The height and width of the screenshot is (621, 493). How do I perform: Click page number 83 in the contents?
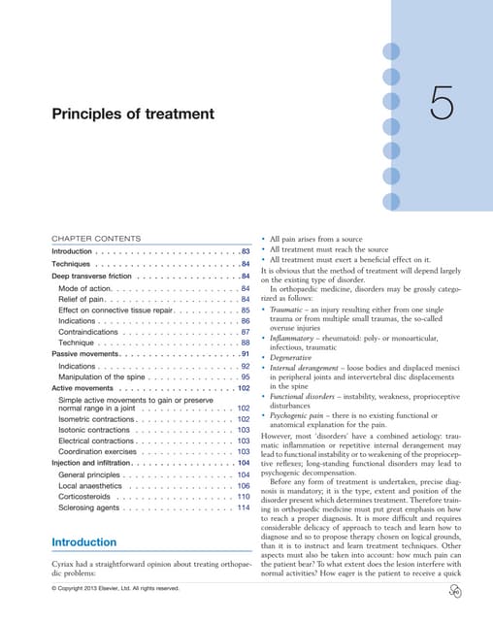(x=246, y=251)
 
